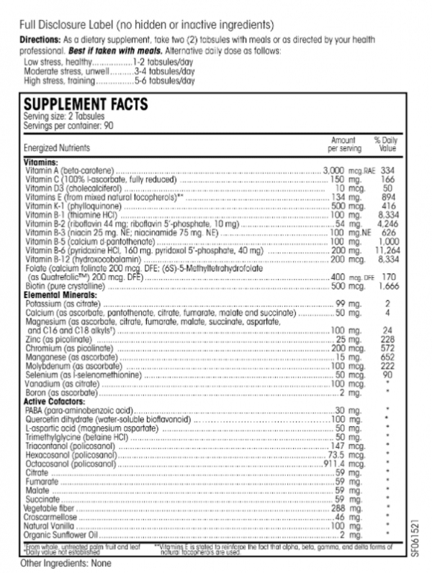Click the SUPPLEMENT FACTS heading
pos(86,104)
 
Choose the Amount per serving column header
pos(342,144)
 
